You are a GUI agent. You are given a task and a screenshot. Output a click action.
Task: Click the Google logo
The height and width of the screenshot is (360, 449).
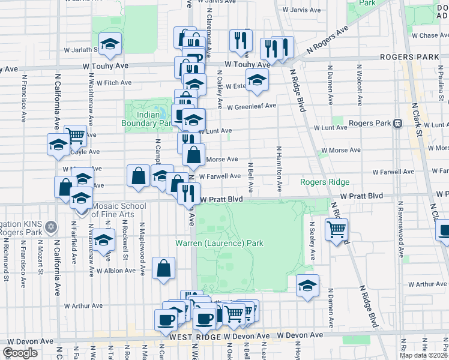(x=20, y=353)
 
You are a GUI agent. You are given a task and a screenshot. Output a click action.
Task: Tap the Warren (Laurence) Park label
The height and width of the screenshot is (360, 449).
(x=219, y=244)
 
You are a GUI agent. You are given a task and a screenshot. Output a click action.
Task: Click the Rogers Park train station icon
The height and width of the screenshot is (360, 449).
(x=397, y=123)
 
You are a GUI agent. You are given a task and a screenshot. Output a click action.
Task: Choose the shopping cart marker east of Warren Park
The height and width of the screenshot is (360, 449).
(x=337, y=229)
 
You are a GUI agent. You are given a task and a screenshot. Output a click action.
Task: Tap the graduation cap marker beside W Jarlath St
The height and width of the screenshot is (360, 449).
(x=110, y=44)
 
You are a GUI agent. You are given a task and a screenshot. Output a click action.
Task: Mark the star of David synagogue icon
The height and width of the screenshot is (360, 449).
(x=51, y=228)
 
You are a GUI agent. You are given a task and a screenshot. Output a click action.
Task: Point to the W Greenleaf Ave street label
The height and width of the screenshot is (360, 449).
(x=252, y=106)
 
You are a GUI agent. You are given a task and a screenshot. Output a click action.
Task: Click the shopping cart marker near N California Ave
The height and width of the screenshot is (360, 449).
(x=74, y=136)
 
